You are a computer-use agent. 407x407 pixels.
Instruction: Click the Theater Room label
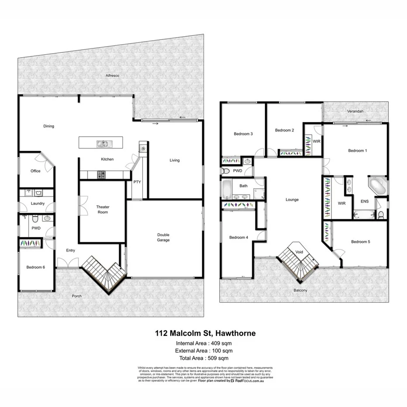(x=102, y=210)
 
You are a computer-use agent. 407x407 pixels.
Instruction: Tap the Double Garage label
(x=163, y=238)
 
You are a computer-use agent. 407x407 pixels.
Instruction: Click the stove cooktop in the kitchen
(x=101, y=175)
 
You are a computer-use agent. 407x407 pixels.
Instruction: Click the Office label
(x=35, y=171)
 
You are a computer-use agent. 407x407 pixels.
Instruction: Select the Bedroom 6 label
(x=35, y=267)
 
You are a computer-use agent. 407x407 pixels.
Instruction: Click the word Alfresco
(x=112, y=76)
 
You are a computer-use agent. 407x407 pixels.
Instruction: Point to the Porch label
(x=77, y=296)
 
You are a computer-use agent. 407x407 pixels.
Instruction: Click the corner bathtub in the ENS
(x=376, y=185)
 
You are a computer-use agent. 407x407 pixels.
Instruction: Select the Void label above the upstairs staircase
(x=299, y=252)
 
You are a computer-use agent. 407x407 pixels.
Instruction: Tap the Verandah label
(x=355, y=112)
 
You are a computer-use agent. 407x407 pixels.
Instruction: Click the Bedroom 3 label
(x=243, y=134)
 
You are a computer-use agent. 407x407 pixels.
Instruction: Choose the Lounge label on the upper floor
(x=292, y=200)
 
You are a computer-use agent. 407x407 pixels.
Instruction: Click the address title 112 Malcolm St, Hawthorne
(x=205, y=333)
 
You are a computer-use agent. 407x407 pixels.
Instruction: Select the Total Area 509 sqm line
(x=204, y=358)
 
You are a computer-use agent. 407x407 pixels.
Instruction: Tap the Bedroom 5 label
(x=361, y=242)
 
